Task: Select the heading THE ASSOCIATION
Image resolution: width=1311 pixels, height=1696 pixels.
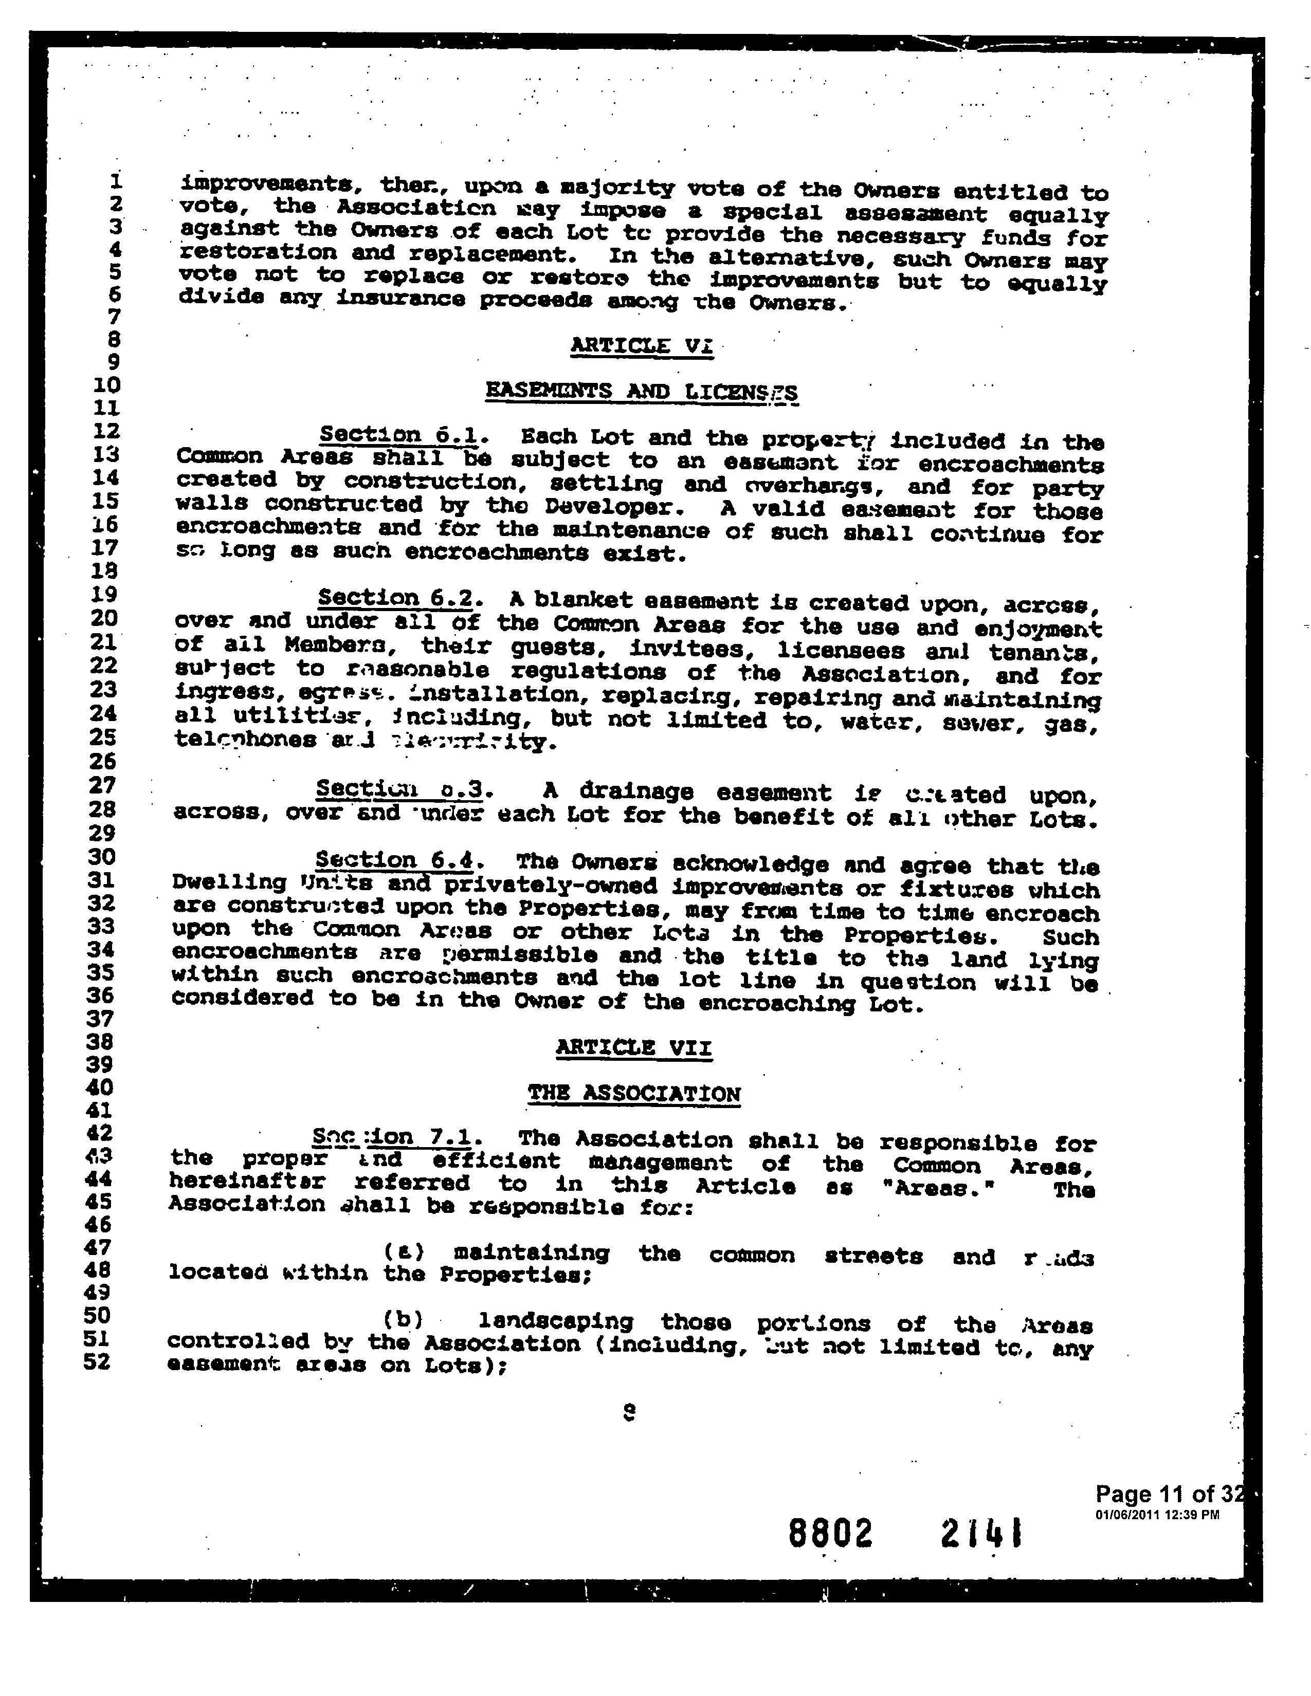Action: point(634,1093)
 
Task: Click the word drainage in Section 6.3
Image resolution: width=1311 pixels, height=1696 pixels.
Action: point(635,791)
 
